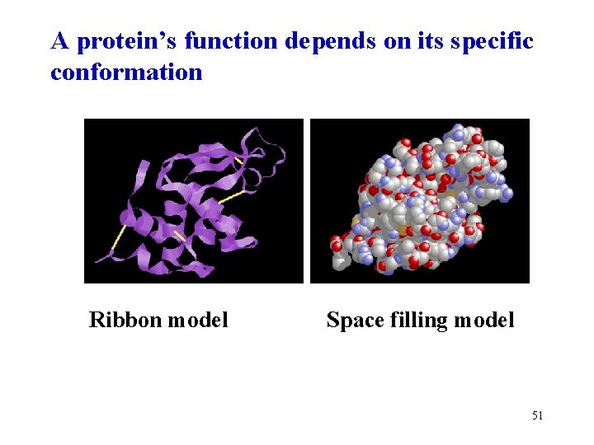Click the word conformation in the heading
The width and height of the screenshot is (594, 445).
[126, 73]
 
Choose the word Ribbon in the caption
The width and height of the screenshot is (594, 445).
[125, 320]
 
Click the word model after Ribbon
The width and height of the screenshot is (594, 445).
[197, 320]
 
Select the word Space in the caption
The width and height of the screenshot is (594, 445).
[353, 320]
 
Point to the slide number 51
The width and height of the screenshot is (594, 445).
[537, 415]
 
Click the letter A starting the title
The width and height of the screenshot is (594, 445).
[59, 40]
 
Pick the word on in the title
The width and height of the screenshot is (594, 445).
[395, 40]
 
